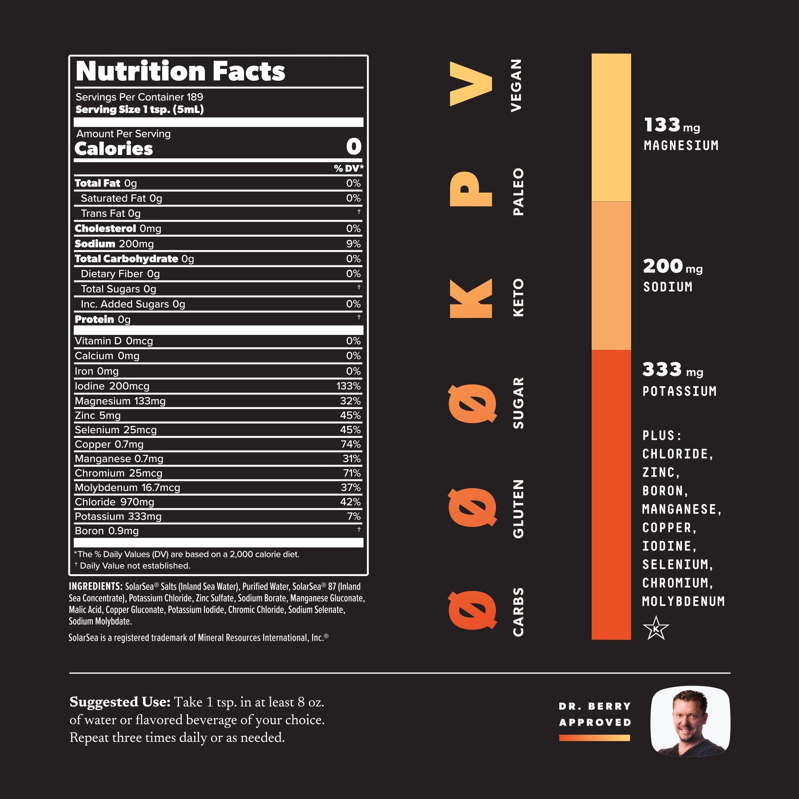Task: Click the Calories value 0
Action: click(354, 146)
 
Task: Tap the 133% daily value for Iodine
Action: click(348, 386)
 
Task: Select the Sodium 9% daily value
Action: click(353, 244)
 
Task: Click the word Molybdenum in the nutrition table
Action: click(106, 487)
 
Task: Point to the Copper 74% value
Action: click(350, 444)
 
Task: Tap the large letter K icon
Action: click(471, 298)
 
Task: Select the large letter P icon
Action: click(471, 189)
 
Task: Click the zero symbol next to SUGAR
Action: click(472, 403)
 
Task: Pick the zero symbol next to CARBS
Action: click(472, 610)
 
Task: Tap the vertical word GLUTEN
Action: click(518, 509)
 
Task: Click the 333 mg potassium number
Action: click(662, 369)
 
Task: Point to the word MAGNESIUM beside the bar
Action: click(681, 145)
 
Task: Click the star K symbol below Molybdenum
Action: click(656, 628)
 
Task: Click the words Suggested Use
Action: click(120, 702)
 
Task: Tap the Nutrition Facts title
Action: click(180, 71)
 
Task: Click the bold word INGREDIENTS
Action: click(95, 586)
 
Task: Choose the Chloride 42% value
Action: click(350, 502)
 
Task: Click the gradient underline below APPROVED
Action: click(594, 738)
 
